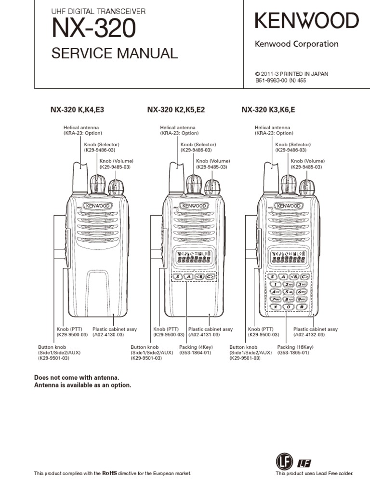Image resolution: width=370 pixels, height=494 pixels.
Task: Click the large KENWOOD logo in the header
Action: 306,21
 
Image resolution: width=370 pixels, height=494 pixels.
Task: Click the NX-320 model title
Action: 94,29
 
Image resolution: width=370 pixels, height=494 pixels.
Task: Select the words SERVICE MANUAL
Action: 115,53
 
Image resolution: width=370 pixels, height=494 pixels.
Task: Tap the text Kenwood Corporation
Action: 296,44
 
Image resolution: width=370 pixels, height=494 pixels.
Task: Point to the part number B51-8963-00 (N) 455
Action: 280,81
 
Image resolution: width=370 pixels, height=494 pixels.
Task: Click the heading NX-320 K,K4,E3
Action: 77,110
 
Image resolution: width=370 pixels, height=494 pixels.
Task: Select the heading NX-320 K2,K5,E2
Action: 176,110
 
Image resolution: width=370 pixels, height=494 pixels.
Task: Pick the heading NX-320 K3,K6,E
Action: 268,110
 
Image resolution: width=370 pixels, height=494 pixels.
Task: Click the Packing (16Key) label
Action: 293,347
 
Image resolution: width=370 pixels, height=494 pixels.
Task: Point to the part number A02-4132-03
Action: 309,335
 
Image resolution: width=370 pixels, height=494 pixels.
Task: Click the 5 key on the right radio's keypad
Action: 289,292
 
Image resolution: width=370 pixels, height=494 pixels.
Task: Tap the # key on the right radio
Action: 302,307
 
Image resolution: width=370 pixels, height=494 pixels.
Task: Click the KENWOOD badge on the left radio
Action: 98,206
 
